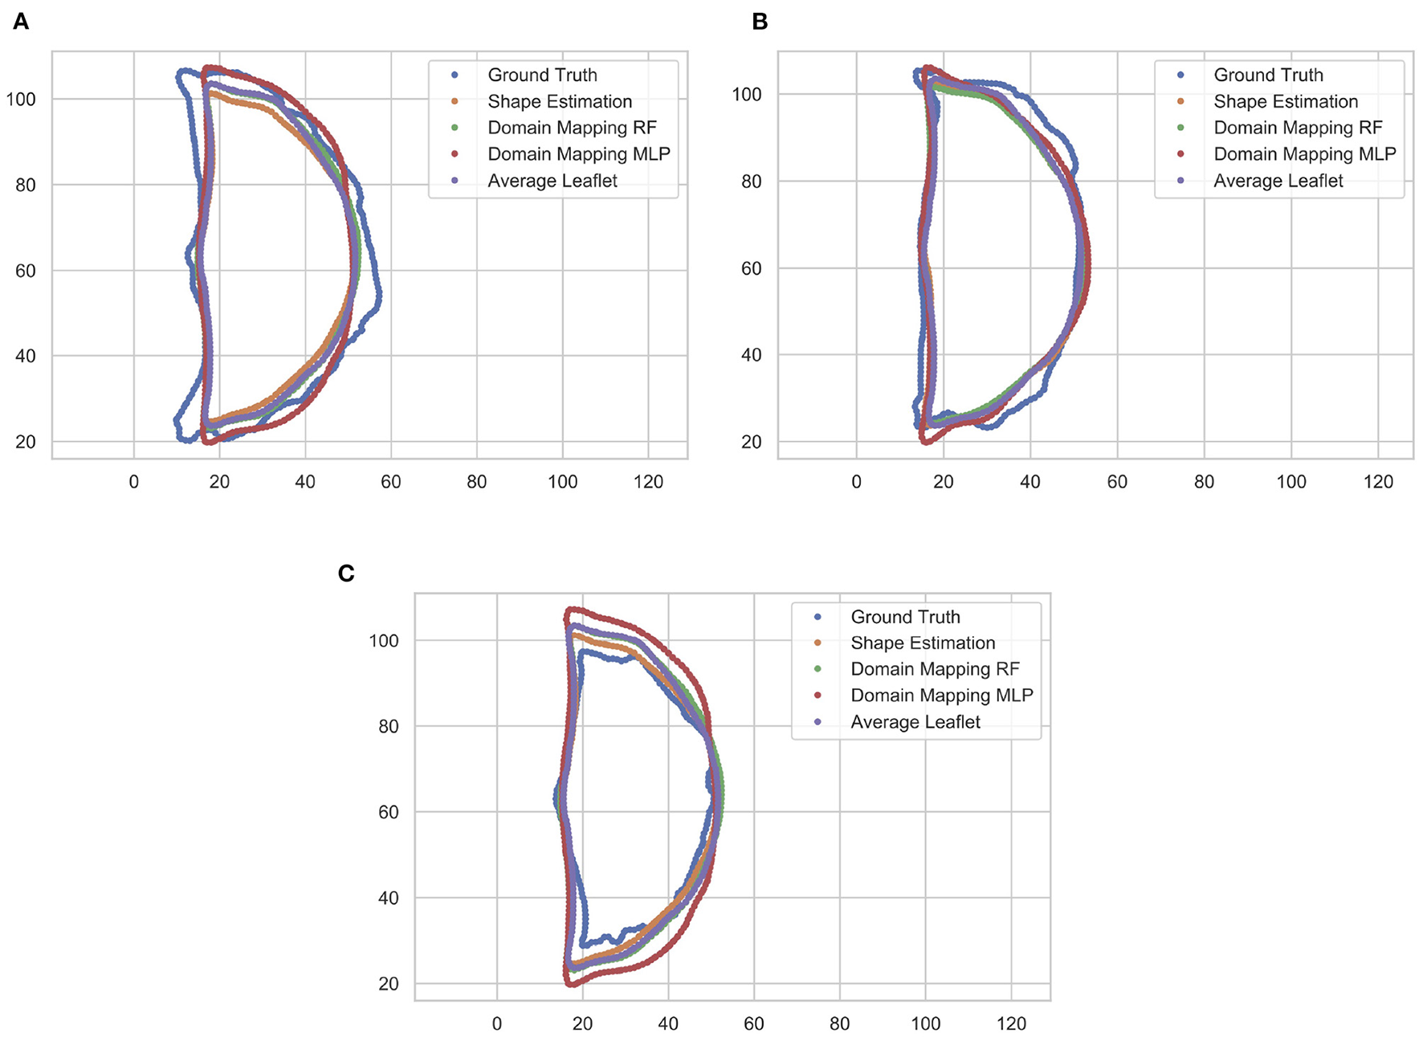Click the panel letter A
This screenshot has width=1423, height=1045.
tap(21, 22)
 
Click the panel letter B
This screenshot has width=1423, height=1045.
tap(760, 22)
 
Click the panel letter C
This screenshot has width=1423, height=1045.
tap(346, 574)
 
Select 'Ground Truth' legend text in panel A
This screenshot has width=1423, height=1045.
tap(542, 75)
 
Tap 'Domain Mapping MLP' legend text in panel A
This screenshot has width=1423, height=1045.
tap(578, 153)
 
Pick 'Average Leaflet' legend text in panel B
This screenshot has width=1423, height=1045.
tap(1278, 181)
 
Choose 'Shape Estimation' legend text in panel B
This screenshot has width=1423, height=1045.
tap(1286, 101)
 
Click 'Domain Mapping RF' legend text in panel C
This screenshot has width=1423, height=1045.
tap(935, 669)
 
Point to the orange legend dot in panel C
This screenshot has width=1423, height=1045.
tap(818, 643)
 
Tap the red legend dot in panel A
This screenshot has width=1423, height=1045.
tap(455, 153)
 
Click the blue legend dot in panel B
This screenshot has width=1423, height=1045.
tap(1180, 75)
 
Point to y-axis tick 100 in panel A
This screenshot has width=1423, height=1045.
tap(21, 99)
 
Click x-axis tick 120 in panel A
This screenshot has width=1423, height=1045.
tap(648, 482)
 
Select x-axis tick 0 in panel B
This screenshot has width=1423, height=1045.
tap(856, 482)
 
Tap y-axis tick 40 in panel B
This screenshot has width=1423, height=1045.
tap(751, 355)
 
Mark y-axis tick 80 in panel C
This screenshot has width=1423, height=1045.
tap(388, 726)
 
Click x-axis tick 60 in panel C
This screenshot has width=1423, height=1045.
tap(753, 1024)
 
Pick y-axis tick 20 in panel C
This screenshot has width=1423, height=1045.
tap(388, 984)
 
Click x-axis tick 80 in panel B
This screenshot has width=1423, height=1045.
tap(1204, 482)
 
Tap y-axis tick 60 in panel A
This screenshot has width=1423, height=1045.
tap(25, 271)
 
